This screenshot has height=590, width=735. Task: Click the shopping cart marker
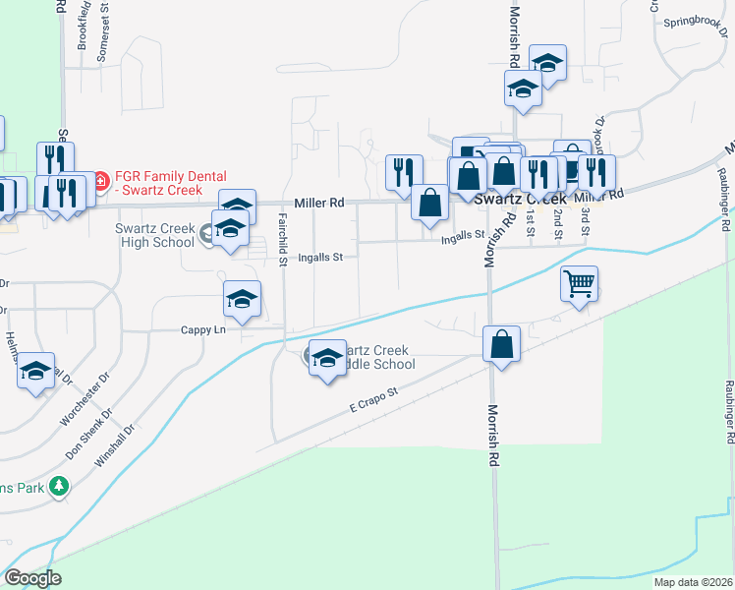[x=580, y=284]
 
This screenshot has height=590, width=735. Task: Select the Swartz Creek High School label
[x=154, y=235]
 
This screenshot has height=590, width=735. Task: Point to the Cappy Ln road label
[x=203, y=330]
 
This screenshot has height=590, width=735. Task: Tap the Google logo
[x=32, y=578]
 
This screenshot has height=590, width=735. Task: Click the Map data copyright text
[x=692, y=582]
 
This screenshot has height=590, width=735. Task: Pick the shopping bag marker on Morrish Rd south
[x=501, y=345]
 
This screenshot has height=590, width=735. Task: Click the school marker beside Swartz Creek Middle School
[x=328, y=359]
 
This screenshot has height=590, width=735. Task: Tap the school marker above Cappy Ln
[x=242, y=300]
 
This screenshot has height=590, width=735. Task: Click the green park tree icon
[x=59, y=486]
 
